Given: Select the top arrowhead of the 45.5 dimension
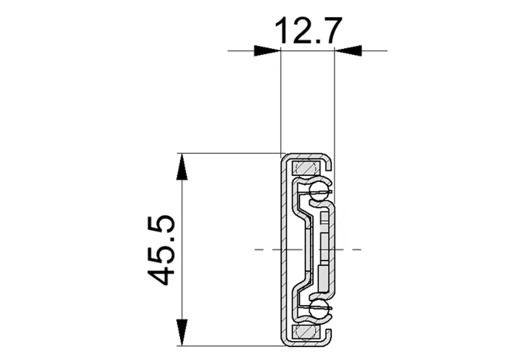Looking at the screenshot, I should pyautogui.click(x=182, y=168).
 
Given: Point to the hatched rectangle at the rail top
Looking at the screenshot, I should pyautogui.click(x=305, y=168).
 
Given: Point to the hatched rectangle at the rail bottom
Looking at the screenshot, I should pyautogui.click(x=305, y=333).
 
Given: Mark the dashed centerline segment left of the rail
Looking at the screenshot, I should pyautogui.click(x=265, y=249).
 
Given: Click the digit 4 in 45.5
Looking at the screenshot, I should pyautogui.click(x=160, y=272).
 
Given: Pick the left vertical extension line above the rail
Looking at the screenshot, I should pyautogui.click(x=280, y=98).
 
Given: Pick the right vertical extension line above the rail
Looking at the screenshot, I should pyautogui.click(x=335, y=98).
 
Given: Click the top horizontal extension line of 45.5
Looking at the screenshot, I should pyautogui.click(x=229, y=154).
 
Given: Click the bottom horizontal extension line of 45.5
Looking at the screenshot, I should pyautogui.click(x=229, y=345).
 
